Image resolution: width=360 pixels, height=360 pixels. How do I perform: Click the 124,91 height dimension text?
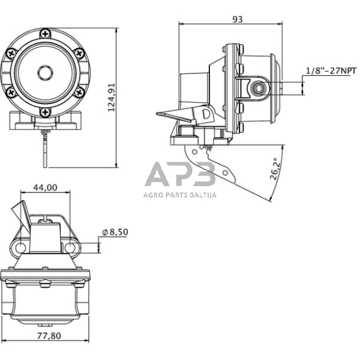click(128, 98)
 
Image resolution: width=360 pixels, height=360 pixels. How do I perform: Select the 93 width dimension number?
click(238, 19)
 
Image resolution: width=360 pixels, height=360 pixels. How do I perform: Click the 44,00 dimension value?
click(46, 188)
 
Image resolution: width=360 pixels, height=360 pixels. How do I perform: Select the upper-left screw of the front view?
click(10, 52)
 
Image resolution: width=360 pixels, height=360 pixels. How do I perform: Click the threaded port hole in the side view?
click(258, 88)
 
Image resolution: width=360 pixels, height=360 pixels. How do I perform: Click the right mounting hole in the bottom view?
click(71, 247)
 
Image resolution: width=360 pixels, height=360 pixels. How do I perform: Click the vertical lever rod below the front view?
click(45, 150)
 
